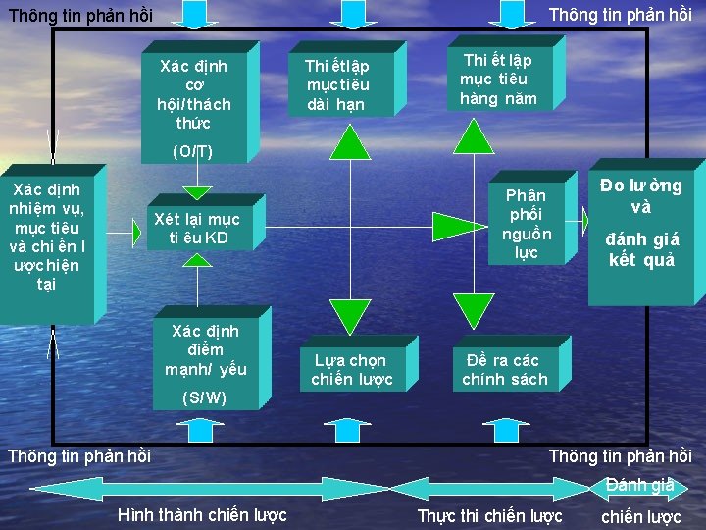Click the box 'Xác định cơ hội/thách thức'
click(x=195, y=94)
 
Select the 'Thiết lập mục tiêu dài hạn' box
click(x=337, y=84)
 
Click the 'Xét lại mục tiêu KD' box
click(x=197, y=229)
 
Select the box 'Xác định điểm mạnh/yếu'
click(x=205, y=349)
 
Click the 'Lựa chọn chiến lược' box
click(x=352, y=370)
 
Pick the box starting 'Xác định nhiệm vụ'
click(x=46, y=236)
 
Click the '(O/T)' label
click(x=192, y=151)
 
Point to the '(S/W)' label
click(x=205, y=397)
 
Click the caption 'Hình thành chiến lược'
click(x=202, y=515)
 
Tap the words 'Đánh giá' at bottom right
click(x=640, y=485)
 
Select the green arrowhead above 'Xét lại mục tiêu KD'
click(x=198, y=192)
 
